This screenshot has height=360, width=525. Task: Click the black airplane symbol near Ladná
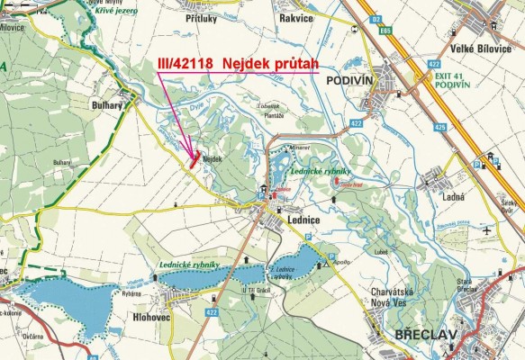point(487,230)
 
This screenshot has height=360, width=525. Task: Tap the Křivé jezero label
point(116,9)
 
